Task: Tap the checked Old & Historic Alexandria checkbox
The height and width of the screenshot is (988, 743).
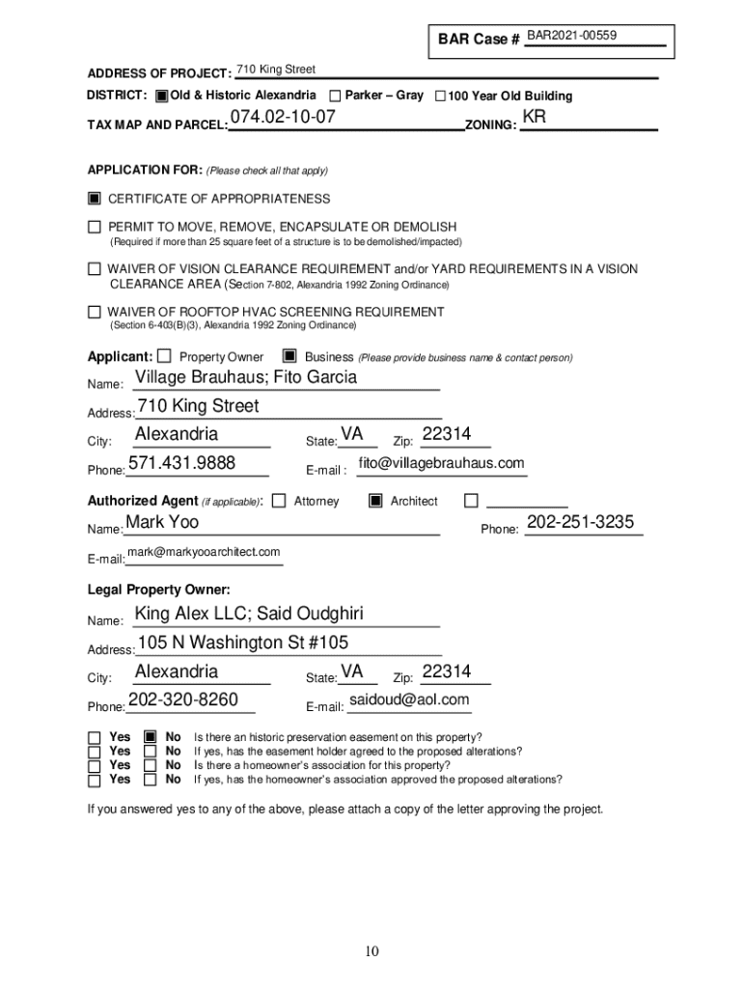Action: click(161, 96)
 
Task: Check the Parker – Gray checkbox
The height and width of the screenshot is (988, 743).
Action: click(335, 96)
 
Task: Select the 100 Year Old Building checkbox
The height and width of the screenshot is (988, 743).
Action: click(440, 96)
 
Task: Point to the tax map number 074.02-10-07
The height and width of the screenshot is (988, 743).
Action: click(283, 118)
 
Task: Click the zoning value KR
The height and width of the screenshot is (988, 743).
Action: click(534, 118)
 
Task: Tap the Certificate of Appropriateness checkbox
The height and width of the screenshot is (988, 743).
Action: click(95, 199)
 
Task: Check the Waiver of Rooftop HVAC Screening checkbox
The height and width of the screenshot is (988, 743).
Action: click(95, 312)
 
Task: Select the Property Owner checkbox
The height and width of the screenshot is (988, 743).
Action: click(164, 356)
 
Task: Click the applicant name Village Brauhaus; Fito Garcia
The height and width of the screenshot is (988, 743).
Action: click(246, 377)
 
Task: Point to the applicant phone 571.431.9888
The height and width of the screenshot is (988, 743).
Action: click(181, 463)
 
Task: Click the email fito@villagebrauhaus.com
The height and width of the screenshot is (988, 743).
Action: click(441, 464)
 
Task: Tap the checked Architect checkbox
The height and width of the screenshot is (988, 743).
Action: click(374, 501)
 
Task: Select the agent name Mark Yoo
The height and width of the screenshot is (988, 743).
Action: click(162, 522)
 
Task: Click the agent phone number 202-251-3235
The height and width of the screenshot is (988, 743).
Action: click(580, 523)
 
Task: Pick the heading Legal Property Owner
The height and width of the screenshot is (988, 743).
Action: click(159, 590)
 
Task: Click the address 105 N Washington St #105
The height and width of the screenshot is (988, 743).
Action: click(243, 643)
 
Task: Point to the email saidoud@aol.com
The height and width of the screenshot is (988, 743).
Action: click(409, 700)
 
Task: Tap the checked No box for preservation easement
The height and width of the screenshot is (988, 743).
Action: click(150, 736)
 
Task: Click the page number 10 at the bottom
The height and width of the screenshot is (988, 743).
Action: click(371, 952)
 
